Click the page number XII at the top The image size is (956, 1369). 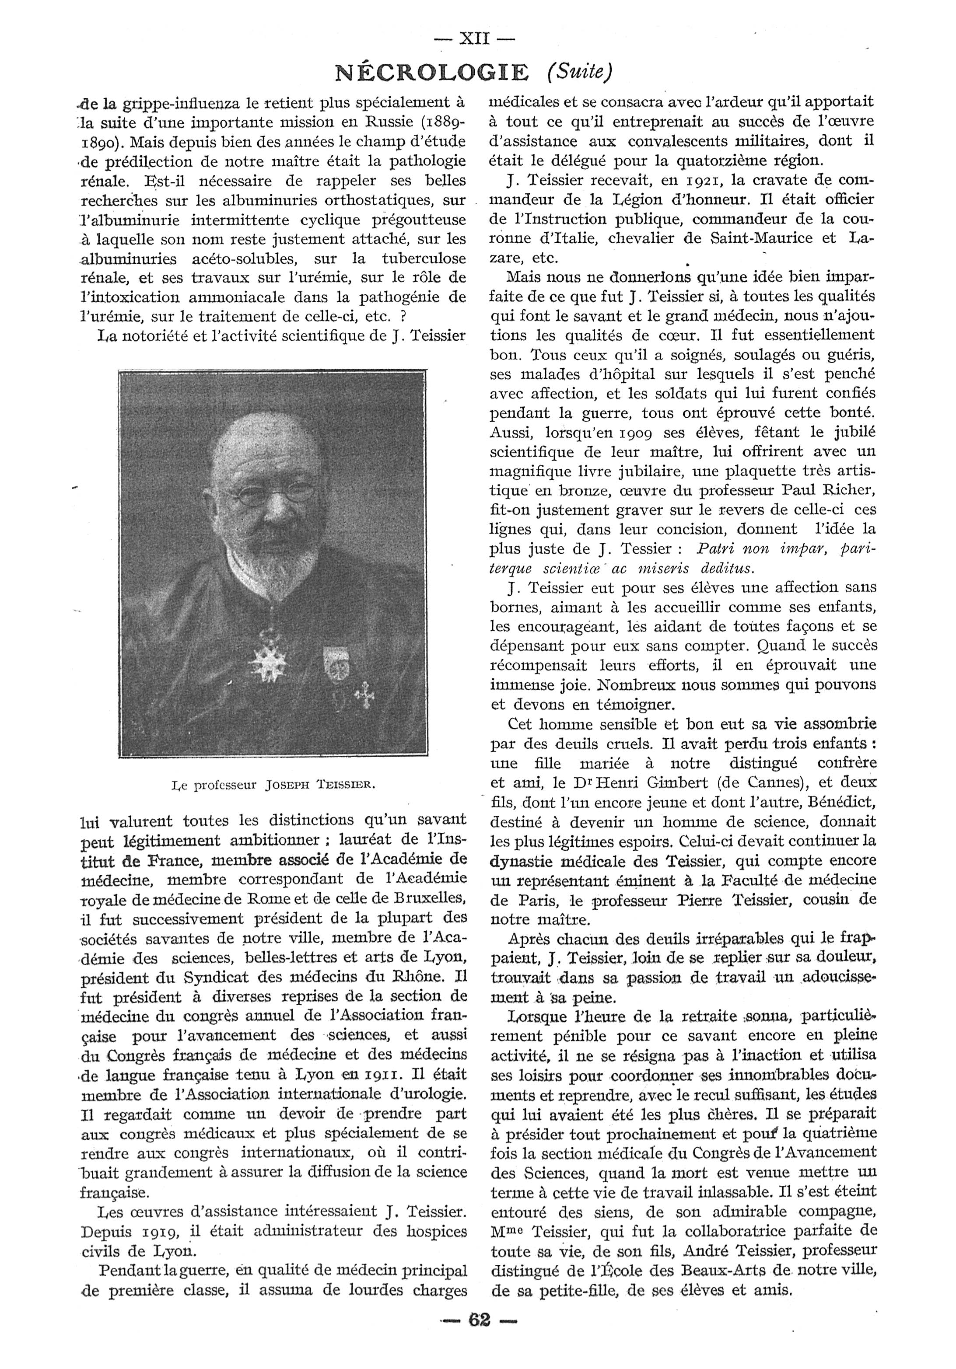[x=474, y=39]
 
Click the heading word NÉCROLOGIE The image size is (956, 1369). [x=432, y=73]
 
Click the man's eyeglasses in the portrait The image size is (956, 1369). [x=273, y=494]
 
